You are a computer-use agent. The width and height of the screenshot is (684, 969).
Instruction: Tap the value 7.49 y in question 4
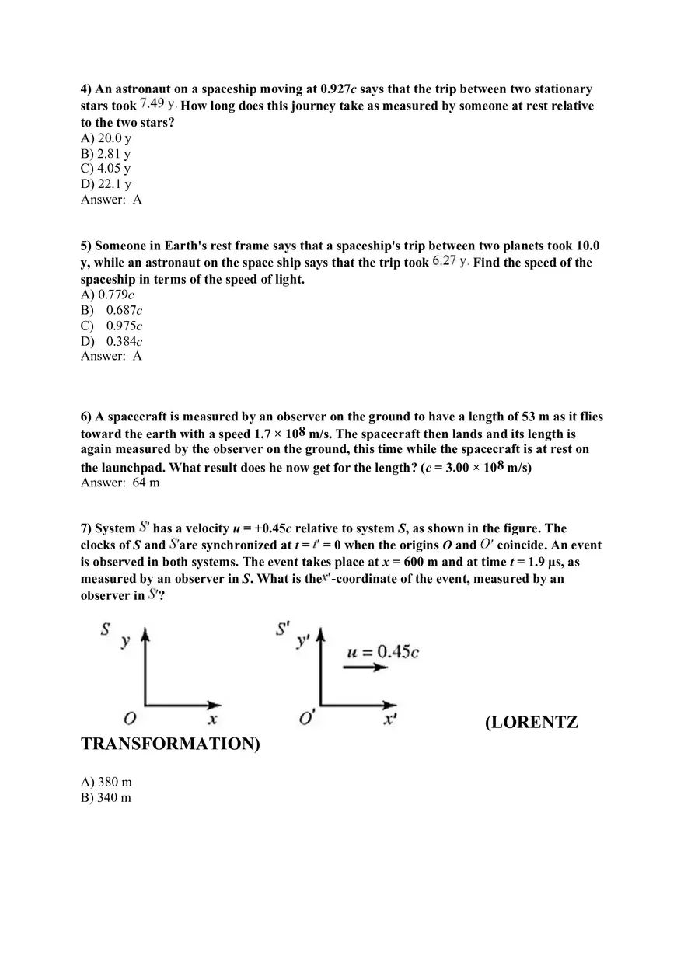159,104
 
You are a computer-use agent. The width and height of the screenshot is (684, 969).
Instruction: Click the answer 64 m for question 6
145,483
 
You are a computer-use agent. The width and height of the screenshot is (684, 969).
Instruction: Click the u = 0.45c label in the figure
382,651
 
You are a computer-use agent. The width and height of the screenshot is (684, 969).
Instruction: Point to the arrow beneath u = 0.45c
365,667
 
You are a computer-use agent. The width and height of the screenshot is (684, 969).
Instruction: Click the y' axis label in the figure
303,641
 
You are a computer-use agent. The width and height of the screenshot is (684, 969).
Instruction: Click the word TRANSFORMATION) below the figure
170,744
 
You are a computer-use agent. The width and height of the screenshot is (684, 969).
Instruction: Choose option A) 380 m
106,783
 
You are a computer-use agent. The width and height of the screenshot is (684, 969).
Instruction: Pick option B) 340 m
106,798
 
